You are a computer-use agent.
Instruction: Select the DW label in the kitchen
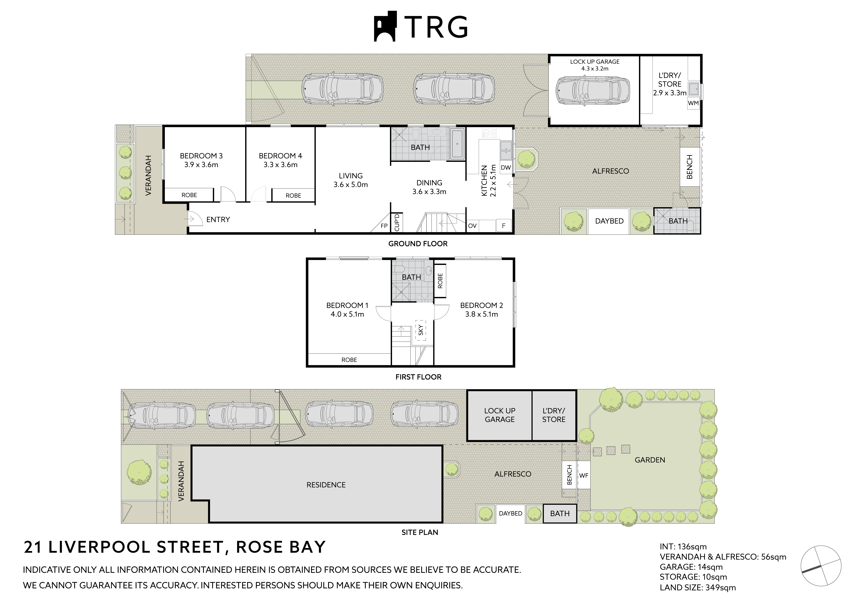pyautogui.click(x=506, y=167)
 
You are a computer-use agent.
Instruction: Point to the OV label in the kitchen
pyautogui.click(x=472, y=226)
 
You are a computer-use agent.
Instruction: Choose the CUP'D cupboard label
pyautogui.click(x=397, y=222)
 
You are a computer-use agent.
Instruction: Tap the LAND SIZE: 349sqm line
pyautogui.click(x=697, y=598)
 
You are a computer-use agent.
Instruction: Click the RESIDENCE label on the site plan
pyautogui.click(x=326, y=485)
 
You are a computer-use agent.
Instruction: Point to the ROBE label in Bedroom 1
pyautogui.click(x=349, y=360)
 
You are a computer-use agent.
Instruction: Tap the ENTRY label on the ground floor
pyautogui.click(x=218, y=220)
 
